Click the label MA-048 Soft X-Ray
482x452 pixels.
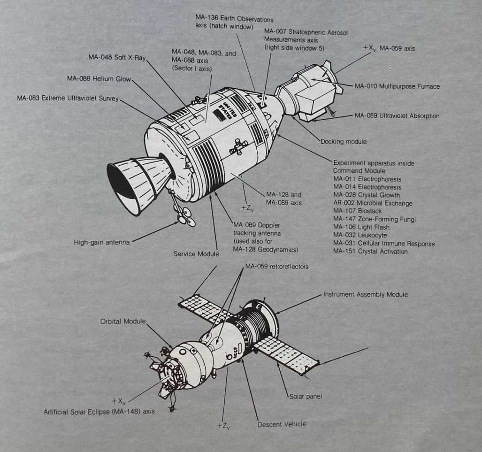117,58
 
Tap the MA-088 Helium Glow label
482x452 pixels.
99,78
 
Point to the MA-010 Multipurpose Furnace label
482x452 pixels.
397,86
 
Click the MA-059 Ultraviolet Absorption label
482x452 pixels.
397,115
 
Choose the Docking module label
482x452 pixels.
343,141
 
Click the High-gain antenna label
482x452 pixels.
101,243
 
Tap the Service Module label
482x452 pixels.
196,254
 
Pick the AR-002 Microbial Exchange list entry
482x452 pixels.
373,203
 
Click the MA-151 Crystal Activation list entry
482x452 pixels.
370,251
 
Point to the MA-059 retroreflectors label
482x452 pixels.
276,267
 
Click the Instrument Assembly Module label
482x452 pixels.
365,294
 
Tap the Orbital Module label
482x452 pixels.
122,322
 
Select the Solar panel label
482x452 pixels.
306,397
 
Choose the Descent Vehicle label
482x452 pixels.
282,424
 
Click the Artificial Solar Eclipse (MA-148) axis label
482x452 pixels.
99,412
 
